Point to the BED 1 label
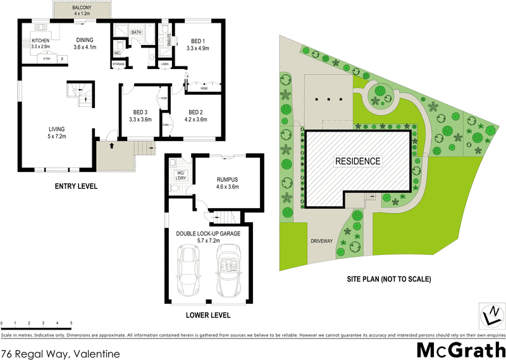coord(197,43)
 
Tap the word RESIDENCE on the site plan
coord(357,161)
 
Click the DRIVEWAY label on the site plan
coord(323,242)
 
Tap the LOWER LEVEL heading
coord(209,315)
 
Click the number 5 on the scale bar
coord(71,323)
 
